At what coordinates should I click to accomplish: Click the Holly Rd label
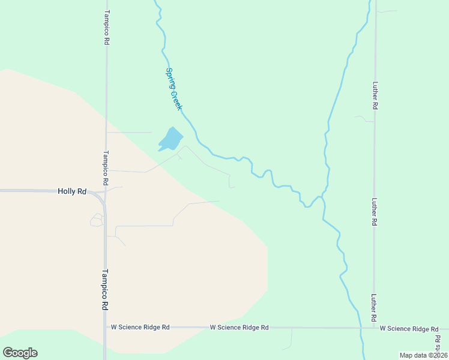pos(72,191)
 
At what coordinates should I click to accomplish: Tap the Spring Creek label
pos(173,88)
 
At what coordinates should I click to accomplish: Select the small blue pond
pos(170,139)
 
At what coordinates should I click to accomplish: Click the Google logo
pos(20,353)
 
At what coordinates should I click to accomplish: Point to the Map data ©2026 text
pos(423,355)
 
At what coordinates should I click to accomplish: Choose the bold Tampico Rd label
pos(104,289)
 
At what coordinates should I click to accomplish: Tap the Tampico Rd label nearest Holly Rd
pos(106,167)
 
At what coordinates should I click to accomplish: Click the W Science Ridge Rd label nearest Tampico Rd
pos(140,328)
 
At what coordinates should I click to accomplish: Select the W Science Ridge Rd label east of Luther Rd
pos(409,329)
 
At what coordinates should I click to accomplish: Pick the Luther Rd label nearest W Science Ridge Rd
pos(373,307)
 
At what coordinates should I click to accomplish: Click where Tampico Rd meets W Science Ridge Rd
pos(106,328)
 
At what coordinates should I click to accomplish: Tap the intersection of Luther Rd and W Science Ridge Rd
pos(375,328)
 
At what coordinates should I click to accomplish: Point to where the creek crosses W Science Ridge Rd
pos(361,328)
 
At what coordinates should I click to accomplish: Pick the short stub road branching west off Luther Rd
pos(364,118)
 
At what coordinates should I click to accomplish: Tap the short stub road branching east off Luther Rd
pos(387,11)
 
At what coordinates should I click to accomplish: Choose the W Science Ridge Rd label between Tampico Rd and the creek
pos(239,328)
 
